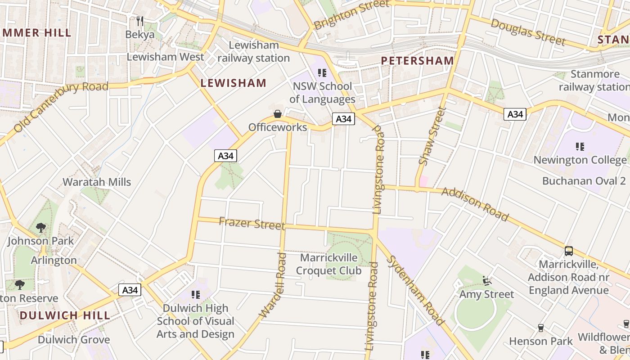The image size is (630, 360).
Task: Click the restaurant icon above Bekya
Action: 140,21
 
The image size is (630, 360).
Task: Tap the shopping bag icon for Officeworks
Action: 278,114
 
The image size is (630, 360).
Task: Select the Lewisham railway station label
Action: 254,52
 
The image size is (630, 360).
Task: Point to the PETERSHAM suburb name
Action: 417,61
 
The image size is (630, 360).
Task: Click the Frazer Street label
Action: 252,223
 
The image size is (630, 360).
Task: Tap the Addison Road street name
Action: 475,204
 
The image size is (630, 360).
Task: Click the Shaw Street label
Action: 432,135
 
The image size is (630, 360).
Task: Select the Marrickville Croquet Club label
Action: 328,264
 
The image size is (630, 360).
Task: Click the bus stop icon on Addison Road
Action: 569,251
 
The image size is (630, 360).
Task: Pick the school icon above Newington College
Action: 580,146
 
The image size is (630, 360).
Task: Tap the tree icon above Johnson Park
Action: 41,228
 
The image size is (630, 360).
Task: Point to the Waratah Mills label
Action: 97,182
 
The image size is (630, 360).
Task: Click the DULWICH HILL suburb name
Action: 65,315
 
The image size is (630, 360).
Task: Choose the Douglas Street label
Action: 527,32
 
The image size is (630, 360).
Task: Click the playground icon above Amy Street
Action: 486,281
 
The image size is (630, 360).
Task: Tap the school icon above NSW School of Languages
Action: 322,72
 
